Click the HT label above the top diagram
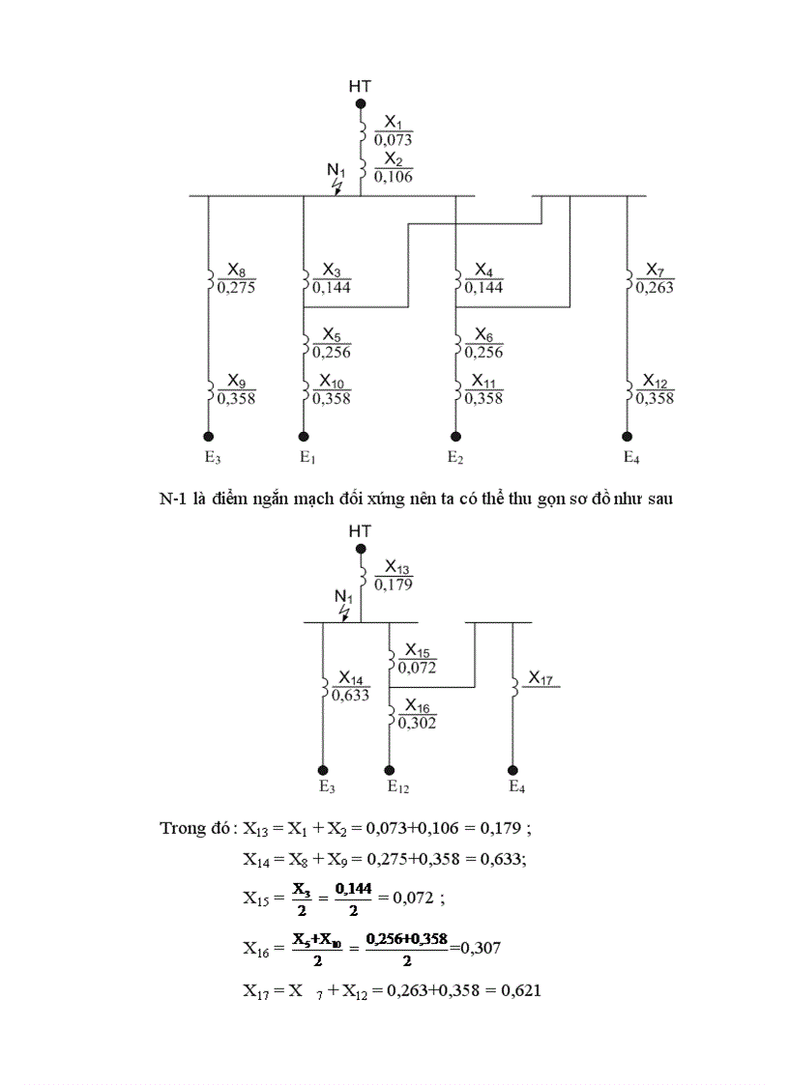click(360, 87)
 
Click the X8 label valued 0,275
click(236, 277)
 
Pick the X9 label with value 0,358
click(236, 388)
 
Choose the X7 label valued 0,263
click(655, 277)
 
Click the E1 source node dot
click(304, 436)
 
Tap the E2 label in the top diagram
click(455, 457)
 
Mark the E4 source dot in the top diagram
click(627, 436)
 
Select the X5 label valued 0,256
click(332, 342)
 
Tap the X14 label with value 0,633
click(350, 685)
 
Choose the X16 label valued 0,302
click(418, 713)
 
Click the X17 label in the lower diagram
click(541, 680)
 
